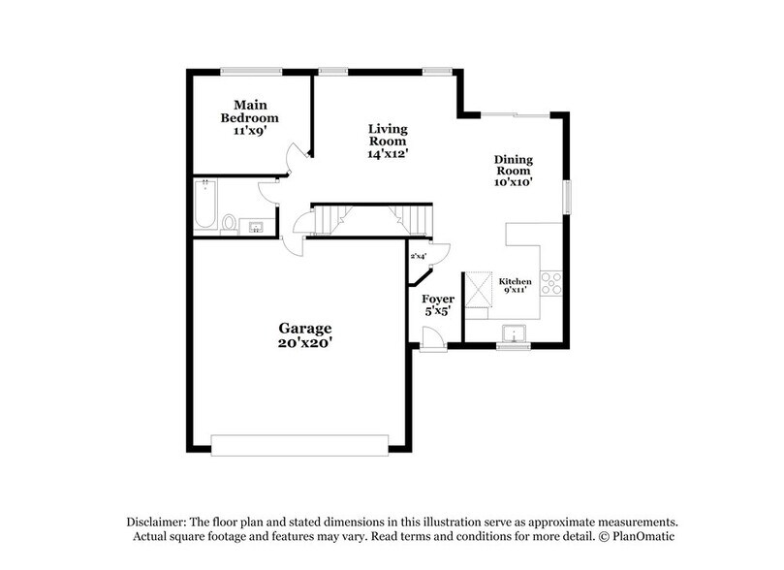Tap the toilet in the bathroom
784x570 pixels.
230,224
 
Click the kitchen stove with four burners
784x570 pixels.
551,283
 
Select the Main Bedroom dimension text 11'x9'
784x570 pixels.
249,131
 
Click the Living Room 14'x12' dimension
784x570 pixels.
388,152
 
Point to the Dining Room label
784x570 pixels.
514,166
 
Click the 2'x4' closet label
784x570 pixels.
419,256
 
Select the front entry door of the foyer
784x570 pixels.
433,339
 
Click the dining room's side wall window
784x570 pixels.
569,194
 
